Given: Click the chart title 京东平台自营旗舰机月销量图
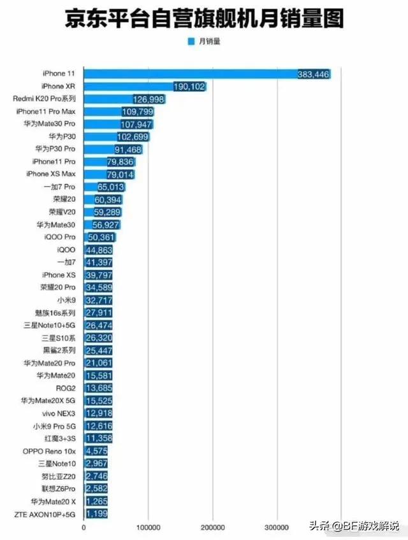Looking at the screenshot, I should pyautogui.click(x=204, y=19).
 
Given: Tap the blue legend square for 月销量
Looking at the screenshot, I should pyautogui.click(x=190, y=41).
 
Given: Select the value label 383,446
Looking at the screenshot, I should pyautogui.click(x=313, y=75).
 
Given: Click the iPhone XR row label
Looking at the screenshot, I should pyautogui.click(x=62, y=86).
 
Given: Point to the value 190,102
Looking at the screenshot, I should pyautogui.click(x=189, y=87).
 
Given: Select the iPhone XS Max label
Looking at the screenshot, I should pyautogui.click(x=51, y=174).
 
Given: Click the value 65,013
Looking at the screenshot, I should pyautogui.click(x=112, y=187).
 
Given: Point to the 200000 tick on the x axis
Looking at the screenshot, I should pyautogui.click(x=212, y=527).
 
